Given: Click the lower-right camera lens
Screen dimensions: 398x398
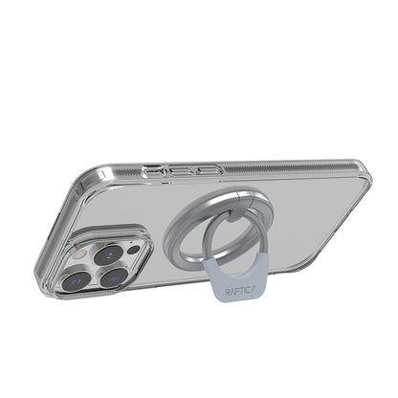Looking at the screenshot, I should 116,278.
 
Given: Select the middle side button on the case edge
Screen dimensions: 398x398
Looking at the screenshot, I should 179,169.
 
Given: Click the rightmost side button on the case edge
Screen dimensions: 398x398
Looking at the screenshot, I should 207,169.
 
